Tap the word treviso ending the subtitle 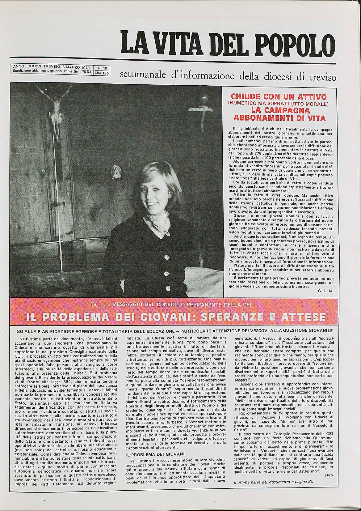tap(321, 76)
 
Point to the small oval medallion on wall tap(116, 172)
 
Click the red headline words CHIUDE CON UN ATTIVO tap(279, 96)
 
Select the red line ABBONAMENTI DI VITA tap(279, 118)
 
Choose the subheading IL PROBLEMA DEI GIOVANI tap(155, 454)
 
